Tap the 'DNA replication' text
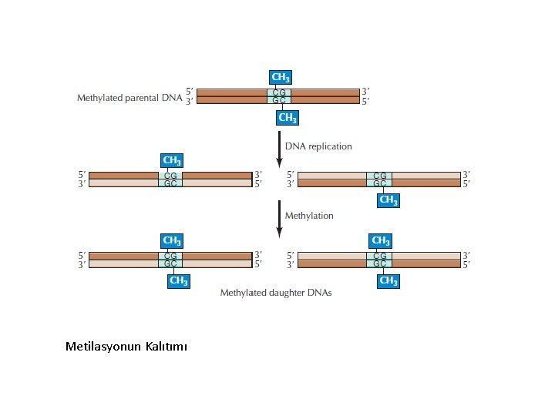click(x=318, y=146)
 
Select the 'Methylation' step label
click(x=309, y=216)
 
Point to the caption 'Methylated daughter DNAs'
click(x=276, y=293)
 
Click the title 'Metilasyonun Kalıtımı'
click(x=126, y=347)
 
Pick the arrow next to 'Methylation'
click(x=279, y=218)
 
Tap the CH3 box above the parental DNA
click(x=281, y=77)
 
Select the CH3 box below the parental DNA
click(x=288, y=118)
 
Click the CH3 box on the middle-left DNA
click(x=172, y=161)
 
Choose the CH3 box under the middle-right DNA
click(x=388, y=200)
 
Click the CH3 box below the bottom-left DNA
click(x=178, y=281)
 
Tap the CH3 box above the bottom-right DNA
click(x=380, y=240)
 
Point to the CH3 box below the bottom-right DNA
click(x=388, y=281)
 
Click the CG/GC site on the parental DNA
click(x=280, y=96)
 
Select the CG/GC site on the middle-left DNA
click(x=171, y=179)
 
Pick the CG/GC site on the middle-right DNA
click(x=380, y=179)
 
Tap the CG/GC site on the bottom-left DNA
click(x=171, y=260)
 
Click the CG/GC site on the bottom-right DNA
click(x=380, y=260)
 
